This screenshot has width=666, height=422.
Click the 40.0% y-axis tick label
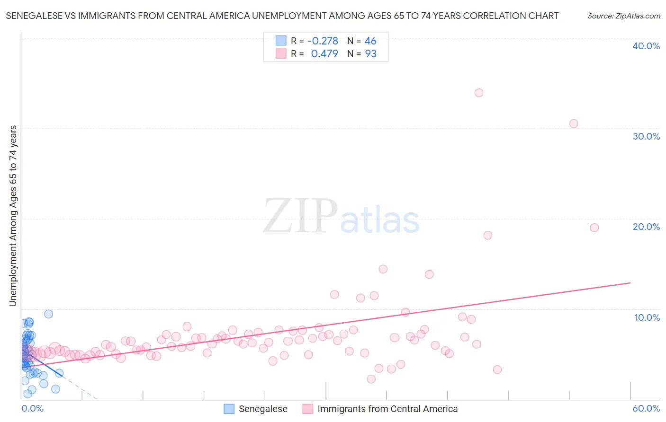[646, 46]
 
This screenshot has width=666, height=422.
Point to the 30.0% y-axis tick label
[646, 136]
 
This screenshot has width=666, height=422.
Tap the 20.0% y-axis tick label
[646, 227]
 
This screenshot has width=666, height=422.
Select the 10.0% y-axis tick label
[647, 317]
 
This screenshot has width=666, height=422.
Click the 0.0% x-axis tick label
[32, 408]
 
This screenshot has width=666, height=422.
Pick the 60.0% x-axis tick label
[646, 408]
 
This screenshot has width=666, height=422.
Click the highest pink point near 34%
[479, 93]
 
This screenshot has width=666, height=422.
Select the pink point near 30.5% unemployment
[574, 123]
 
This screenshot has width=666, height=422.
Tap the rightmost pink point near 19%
[594, 228]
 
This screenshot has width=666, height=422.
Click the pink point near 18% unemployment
[488, 235]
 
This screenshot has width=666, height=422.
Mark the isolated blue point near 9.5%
[48, 314]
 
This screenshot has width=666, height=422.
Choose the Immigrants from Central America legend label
[387, 409]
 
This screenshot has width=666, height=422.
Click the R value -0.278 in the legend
[323, 41]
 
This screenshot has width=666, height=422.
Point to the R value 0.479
[324, 54]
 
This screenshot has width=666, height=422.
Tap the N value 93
[370, 54]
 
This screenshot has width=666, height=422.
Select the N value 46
[370, 41]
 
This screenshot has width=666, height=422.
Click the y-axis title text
[13, 216]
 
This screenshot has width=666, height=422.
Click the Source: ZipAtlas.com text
[623, 16]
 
